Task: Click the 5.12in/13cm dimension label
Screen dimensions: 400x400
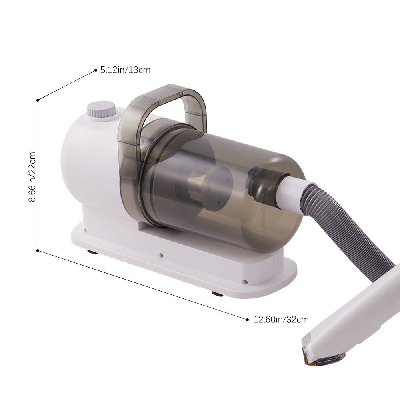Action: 125,70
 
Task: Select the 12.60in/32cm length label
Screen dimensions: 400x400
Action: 281,319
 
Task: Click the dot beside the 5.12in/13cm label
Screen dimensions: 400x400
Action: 96,70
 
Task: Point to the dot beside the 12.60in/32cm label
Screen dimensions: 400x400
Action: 248,319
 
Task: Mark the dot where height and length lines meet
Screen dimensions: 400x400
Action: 38,251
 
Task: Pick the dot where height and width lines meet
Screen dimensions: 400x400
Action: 38,100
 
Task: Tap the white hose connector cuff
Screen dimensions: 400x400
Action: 294,191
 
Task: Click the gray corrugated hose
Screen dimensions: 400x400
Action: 360,232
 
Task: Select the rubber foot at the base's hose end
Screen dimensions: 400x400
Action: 218,294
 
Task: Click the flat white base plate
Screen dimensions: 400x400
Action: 180,260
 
